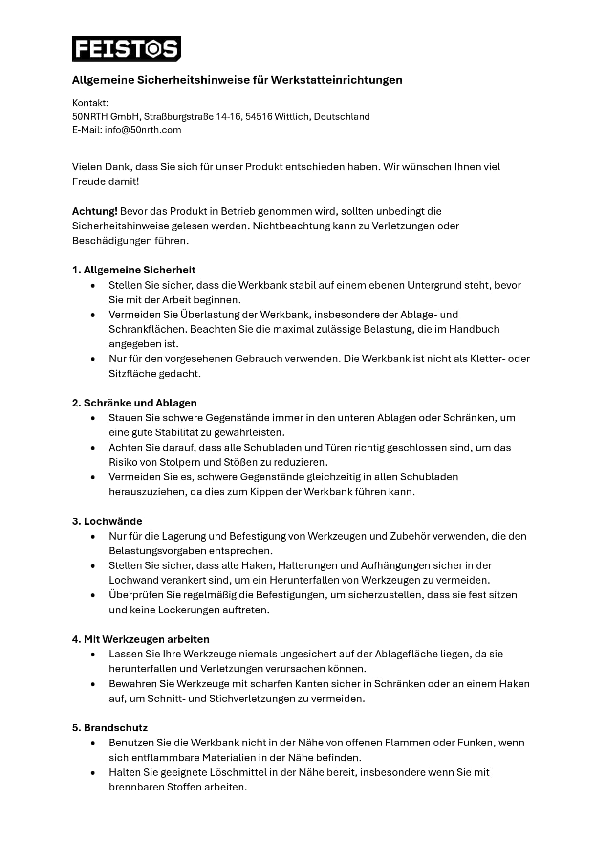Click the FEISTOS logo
coord(127,48)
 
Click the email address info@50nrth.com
coord(143,130)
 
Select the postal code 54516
coord(259,117)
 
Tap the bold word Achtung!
coord(95,211)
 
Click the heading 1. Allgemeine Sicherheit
coord(134,270)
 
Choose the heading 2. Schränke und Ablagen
coord(134,403)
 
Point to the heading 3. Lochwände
coord(107,521)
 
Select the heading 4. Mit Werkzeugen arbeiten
coord(141,639)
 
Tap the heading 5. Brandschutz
coord(110,728)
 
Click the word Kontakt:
coord(90,103)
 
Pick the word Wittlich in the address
coord(292,117)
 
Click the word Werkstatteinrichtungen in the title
coord(336,80)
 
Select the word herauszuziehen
coord(147,492)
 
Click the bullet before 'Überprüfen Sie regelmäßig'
coord(93,595)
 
